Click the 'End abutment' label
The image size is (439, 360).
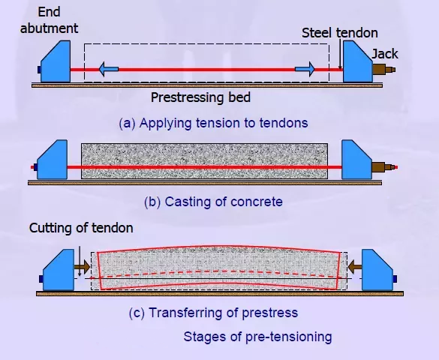pos(49,20)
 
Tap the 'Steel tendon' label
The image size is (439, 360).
pos(340,33)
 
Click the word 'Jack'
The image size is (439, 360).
pos(385,54)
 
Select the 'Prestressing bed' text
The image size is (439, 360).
pos(200,97)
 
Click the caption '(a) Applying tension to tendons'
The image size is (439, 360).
pos(213,123)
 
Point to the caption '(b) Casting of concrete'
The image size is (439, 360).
pos(213,202)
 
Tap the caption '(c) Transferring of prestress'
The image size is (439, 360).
pos(213,313)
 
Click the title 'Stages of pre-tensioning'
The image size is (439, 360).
pos(257,337)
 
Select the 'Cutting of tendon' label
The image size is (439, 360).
pos(81,228)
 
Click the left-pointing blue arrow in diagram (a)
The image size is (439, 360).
pos(109,69)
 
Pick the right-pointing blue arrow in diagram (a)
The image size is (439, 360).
pos(305,69)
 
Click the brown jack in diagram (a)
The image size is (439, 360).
pos(383,69)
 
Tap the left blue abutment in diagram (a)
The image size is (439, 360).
pos(56,62)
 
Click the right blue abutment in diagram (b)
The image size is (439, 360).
pos(356,160)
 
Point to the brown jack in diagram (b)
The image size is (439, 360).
pos(383,167)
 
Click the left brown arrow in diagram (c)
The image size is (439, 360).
pos(82,267)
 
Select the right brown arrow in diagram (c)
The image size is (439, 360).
pos(355,266)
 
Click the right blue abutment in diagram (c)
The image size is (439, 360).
pos(377,271)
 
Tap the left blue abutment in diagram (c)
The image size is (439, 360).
pos(58,271)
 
